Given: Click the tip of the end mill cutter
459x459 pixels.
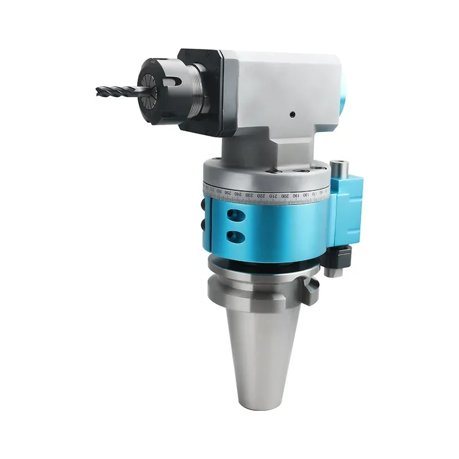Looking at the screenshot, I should click(98, 90).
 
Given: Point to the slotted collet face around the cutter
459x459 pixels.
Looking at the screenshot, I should click(147, 87).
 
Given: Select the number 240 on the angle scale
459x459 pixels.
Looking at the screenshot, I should click(238, 195).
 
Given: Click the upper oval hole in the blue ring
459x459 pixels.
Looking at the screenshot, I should click(234, 214).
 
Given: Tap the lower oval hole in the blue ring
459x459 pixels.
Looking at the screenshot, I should click(234, 235).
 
